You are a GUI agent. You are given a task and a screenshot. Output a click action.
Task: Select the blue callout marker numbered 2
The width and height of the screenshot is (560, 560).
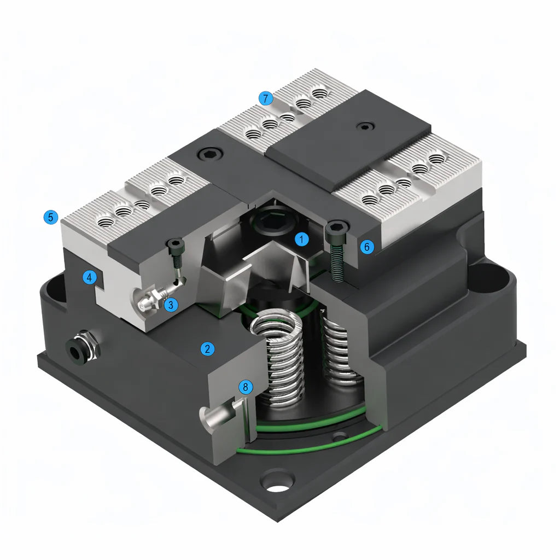[x=207, y=348]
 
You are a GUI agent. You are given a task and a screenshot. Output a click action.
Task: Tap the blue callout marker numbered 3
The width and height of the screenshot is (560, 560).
[x=171, y=305]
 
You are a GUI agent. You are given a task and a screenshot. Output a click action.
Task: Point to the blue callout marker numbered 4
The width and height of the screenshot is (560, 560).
[x=90, y=278]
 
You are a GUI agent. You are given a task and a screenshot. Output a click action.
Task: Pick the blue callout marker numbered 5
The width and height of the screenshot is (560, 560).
[x=50, y=217]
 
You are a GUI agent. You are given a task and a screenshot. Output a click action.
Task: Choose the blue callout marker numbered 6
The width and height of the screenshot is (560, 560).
[x=367, y=247]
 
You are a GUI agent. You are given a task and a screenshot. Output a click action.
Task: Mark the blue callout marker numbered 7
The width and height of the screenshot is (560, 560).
[x=266, y=98]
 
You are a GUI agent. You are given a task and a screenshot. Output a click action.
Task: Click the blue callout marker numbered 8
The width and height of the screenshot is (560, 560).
[x=246, y=387]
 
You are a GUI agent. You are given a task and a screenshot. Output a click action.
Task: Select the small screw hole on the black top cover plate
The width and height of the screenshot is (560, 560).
[x=364, y=127]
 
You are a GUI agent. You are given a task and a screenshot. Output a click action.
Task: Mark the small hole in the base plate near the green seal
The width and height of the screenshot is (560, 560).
[x=341, y=436]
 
